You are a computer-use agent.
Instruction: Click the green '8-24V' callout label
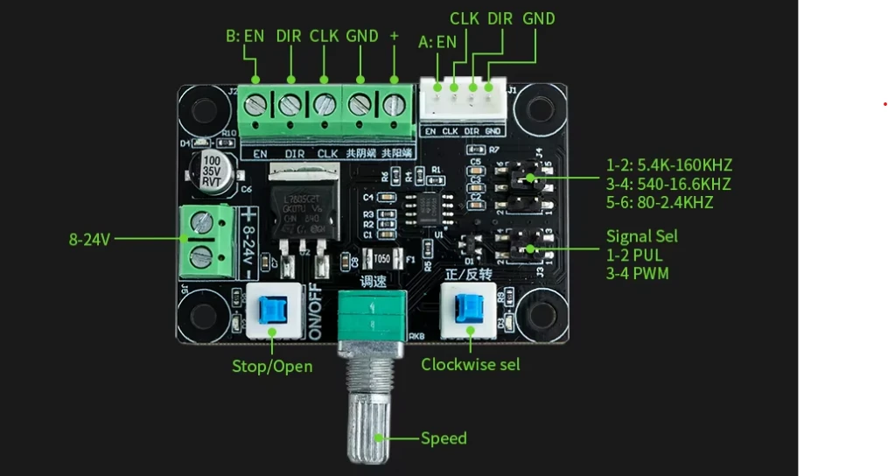(89, 238)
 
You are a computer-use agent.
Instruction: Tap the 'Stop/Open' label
(271, 366)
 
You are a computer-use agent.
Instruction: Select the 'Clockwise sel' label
(470, 364)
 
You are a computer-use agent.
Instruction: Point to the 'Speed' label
(444, 438)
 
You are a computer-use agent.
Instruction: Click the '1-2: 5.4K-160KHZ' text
(668, 165)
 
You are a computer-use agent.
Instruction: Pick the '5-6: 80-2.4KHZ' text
(659, 203)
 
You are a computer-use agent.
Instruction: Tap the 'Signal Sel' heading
(641, 236)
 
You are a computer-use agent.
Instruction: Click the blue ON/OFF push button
(271, 308)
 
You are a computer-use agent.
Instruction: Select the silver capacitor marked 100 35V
(212, 172)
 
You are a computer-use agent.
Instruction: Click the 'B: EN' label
(244, 37)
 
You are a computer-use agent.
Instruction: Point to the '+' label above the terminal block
(394, 36)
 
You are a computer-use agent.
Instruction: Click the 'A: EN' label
(437, 41)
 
